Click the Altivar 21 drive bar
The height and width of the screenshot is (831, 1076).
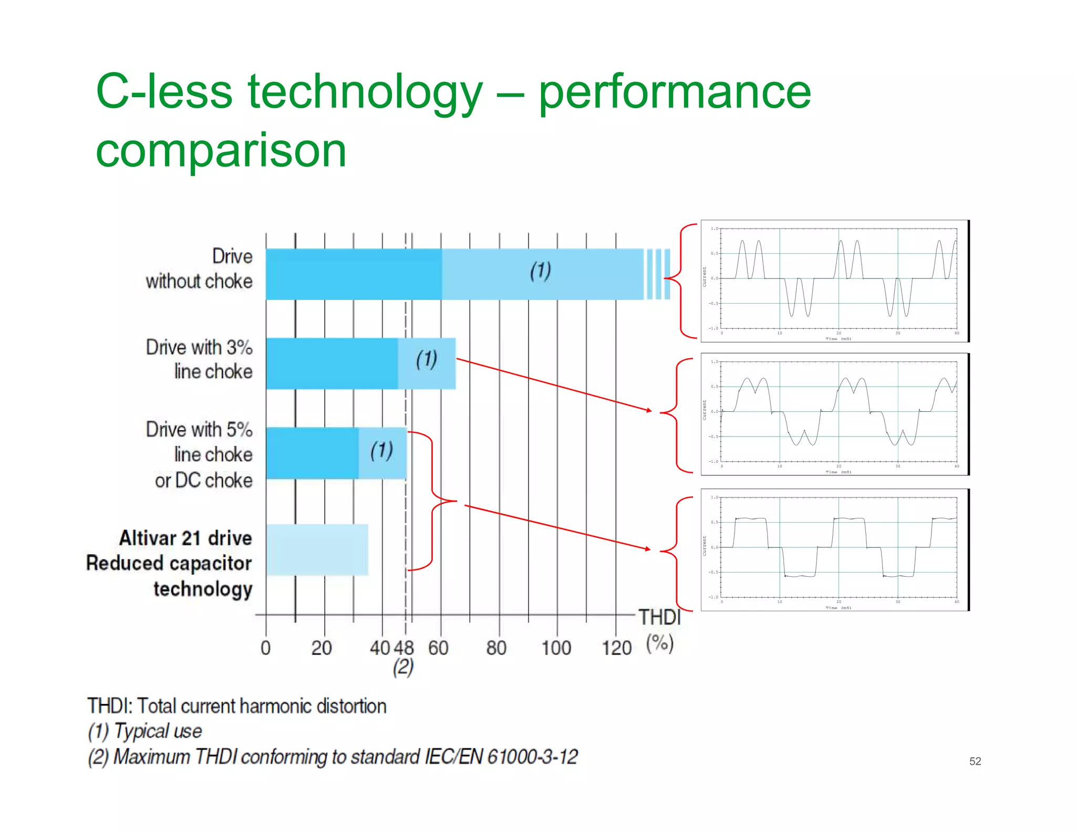(317, 549)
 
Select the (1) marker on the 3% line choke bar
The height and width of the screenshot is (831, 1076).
(427, 360)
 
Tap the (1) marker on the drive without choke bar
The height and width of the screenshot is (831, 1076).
(540, 271)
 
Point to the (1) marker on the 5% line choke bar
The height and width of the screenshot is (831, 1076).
(381, 451)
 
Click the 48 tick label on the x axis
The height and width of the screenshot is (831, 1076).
(404, 648)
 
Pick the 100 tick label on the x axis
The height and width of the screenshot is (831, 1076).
(556, 648)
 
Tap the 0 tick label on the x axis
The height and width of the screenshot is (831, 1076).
(266, 648)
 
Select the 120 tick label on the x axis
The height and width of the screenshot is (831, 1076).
(616, 648)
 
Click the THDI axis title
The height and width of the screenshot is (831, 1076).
(659, 617)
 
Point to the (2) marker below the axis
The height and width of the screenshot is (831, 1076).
(403, 667)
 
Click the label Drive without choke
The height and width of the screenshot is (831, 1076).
(200, 268)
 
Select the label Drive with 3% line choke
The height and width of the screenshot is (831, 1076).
(200, 359)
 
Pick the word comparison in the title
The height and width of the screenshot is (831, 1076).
(221, 151)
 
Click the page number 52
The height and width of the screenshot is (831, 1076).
(975, 761)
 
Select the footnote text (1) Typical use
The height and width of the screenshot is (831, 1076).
(145, 731)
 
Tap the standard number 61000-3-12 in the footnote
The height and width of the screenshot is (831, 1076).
(532, 757)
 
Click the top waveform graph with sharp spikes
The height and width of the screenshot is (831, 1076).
(835, 281)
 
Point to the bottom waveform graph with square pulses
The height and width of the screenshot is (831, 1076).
(835, 549)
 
